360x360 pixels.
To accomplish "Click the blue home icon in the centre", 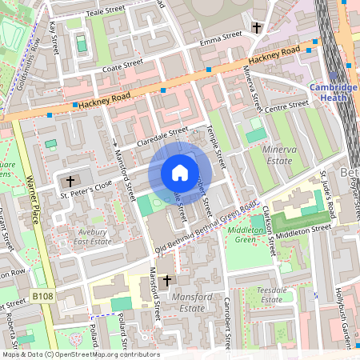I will [x=180, y=173].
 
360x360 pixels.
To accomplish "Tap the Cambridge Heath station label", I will [x=334, y=93].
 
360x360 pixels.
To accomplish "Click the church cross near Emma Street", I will [x=257, y=29].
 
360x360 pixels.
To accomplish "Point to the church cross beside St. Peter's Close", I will [x=70, y=181].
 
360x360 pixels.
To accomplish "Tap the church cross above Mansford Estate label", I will [x=166, y=281].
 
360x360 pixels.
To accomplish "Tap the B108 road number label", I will [x=44, y=296].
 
